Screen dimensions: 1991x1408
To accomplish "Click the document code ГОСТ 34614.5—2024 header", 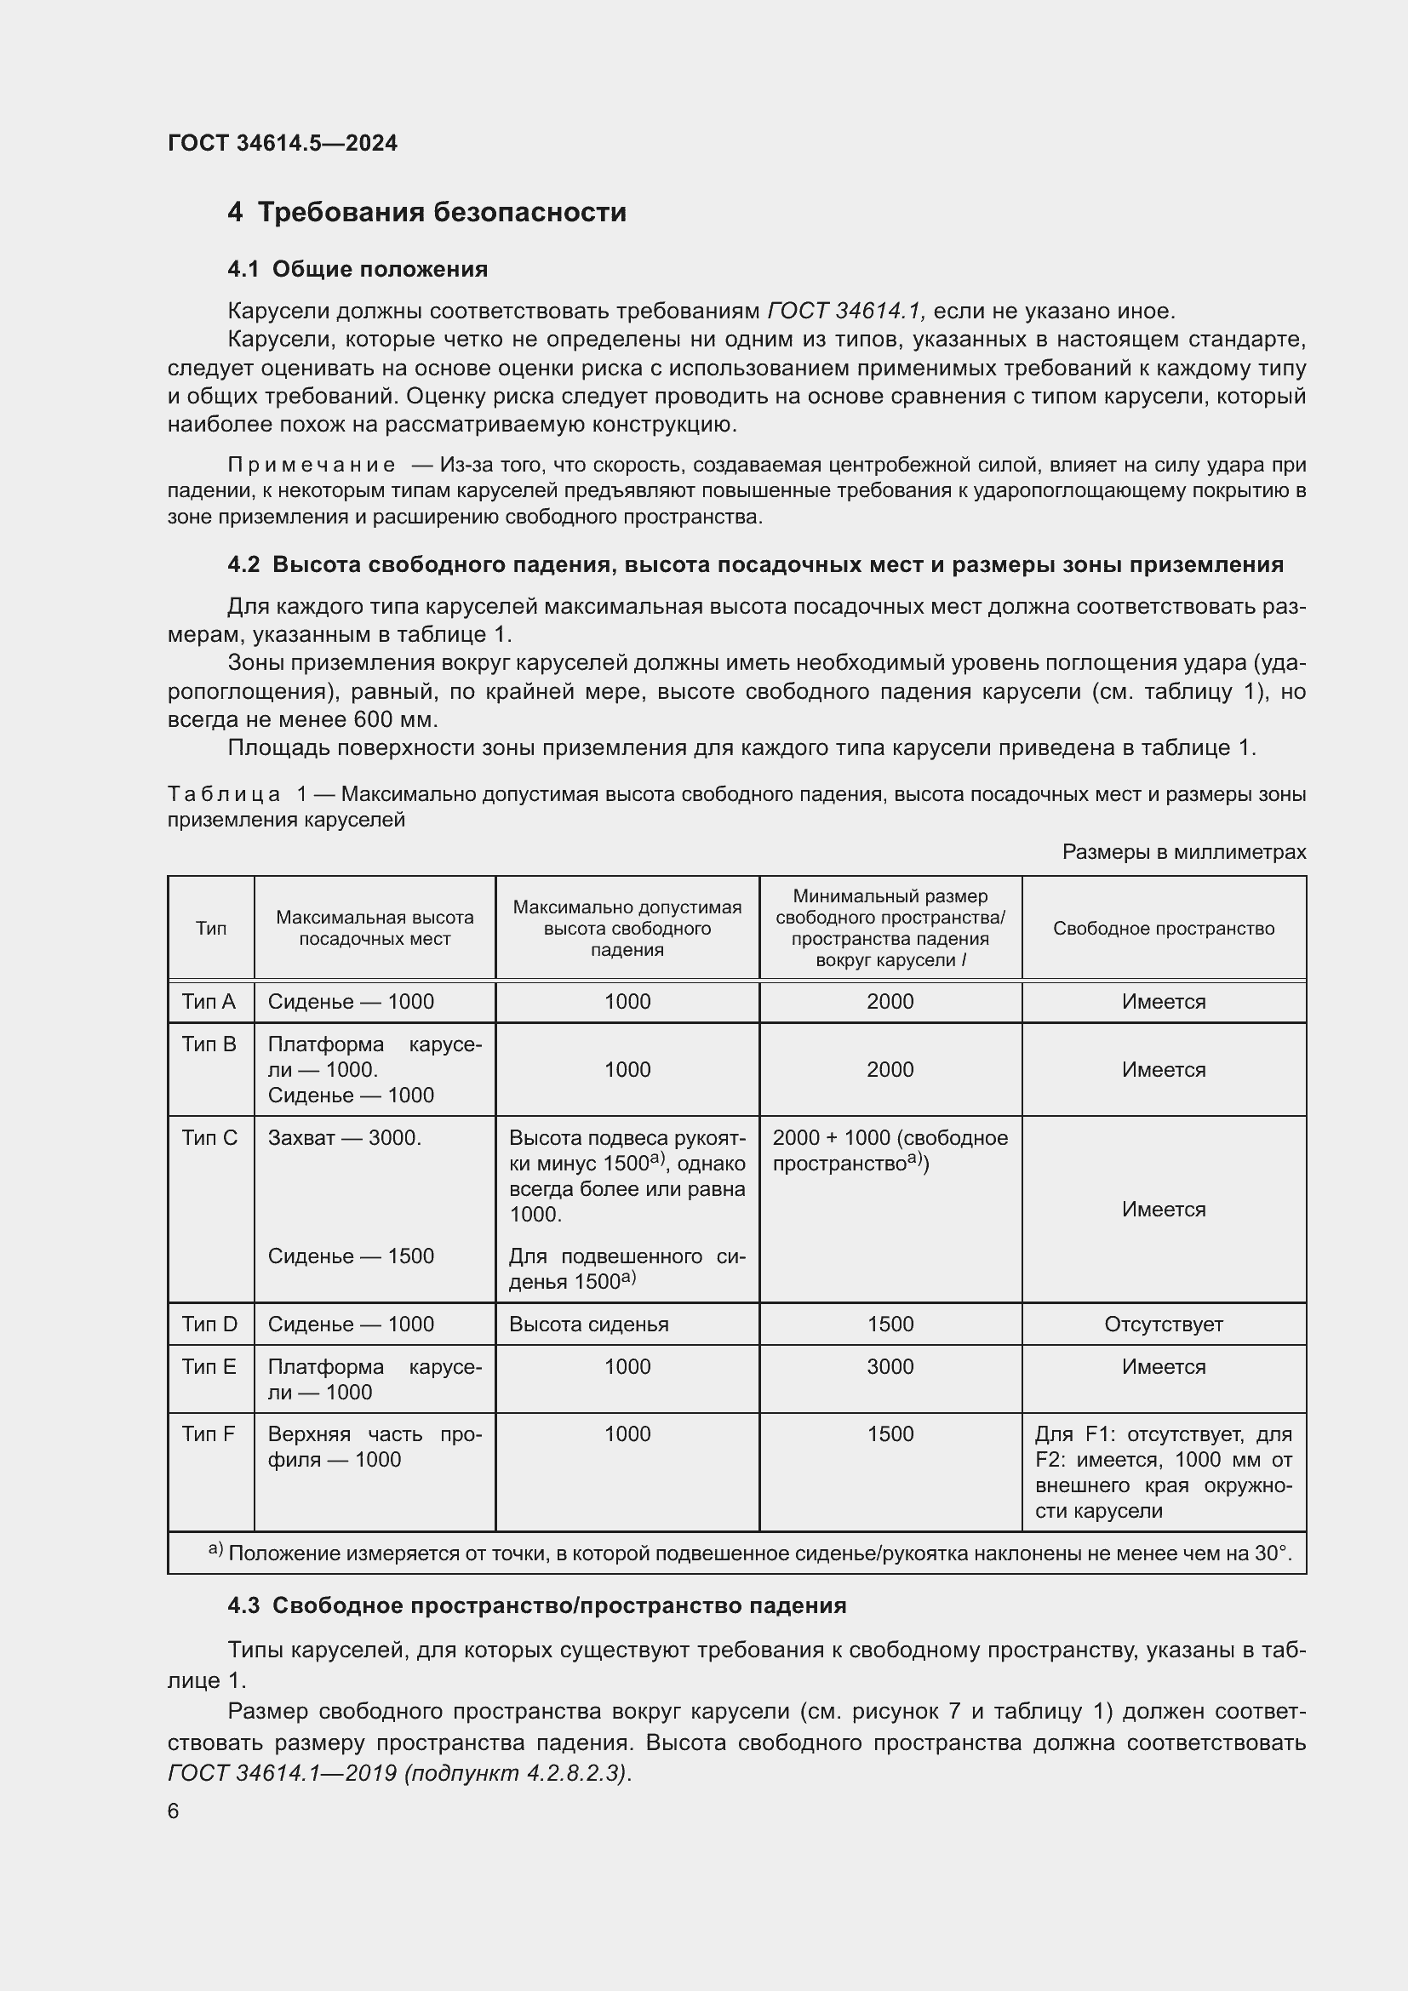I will tap(282, 143).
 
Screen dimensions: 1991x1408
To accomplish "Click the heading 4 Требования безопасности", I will tap(426, 213).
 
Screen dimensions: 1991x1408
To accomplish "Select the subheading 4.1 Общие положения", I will tap(358, 270).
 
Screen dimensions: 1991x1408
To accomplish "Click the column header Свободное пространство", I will tap(1163, 929).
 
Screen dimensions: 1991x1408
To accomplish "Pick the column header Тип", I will tap(210, 929).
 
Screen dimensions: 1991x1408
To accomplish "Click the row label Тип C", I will tap(209, 1138).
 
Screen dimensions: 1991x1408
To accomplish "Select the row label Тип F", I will tap(208, 1434).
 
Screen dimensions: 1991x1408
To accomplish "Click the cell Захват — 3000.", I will tap(344, 1138).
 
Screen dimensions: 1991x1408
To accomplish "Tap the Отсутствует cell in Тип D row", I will tap(1163, 1324).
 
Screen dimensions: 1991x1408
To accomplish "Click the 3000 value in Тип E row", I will tap(890, 1367).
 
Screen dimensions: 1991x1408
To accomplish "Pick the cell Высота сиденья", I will tap(588, 1324).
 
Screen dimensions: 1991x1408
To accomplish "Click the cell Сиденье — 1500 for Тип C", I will tap(350, 1256).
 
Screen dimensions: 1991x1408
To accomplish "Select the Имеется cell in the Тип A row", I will tap(1163, 1002).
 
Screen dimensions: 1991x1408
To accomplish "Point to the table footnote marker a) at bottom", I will tap(215, 1548).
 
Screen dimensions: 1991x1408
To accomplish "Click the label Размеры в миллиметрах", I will tap(1183, 852).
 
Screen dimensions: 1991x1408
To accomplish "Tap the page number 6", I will tap(174, 1811).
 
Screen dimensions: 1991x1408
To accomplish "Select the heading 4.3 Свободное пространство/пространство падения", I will tap(536, 1605).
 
